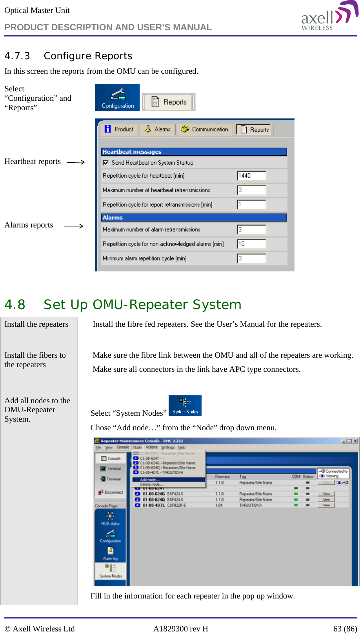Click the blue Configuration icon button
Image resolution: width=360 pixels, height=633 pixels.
click(x=118, y=98)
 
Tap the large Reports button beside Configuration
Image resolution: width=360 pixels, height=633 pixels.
click(x=169, y=102)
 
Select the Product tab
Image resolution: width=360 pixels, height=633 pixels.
click(x=120, y=129)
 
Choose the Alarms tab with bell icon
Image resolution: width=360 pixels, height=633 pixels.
click(x=158, y=129)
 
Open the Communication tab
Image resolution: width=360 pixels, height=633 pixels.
click(x=205, y=129)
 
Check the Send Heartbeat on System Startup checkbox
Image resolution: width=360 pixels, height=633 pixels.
click(x=105, y=163)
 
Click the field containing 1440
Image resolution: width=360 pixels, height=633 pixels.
click(x=251, y=176)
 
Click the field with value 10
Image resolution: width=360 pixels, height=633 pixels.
click(x=251, y=244)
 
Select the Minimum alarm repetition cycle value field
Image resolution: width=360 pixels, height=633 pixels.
click(x=251, y=258)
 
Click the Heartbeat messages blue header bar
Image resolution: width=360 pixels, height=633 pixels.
click(x=194, y=152)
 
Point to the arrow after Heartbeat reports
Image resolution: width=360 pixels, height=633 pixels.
click(x=76, y=162)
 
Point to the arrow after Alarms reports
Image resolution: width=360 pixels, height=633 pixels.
click(x=74, y=226)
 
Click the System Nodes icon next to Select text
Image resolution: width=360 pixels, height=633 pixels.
click(x=185, y=406)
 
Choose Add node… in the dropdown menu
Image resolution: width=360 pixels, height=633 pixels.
click(x=150, y=480)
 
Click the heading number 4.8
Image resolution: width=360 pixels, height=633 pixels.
click(x=15, y=305)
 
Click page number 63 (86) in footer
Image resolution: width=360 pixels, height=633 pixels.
click(x=345, y=629)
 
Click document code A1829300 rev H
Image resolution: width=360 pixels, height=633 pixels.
click(x=180, y=629)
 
